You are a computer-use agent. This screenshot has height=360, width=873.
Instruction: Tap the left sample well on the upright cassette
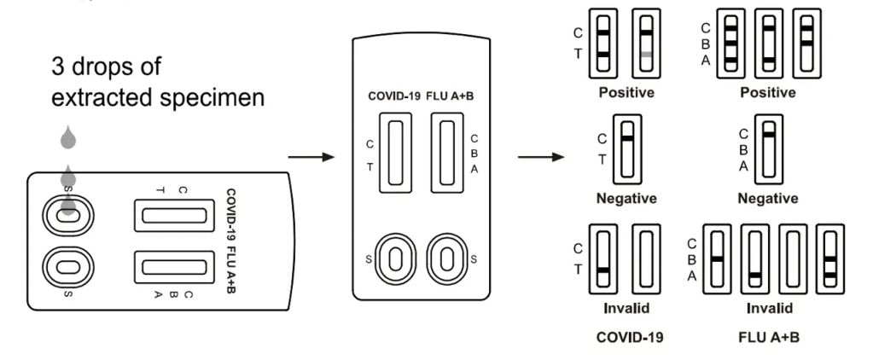click(x=393, y=258)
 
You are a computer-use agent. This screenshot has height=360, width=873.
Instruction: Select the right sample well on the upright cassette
click(x=445, y=258)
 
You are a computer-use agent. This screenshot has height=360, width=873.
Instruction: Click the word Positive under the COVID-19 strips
click(x=626, y=92)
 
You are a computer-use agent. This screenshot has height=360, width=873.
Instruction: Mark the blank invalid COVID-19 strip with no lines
click(x=646, y=256)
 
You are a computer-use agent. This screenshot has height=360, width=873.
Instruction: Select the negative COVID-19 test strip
click(x=627, y=152)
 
